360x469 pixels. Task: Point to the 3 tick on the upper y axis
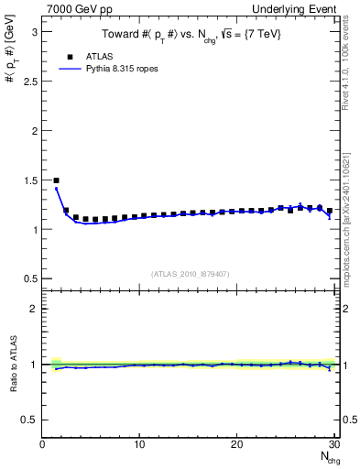(34, 31)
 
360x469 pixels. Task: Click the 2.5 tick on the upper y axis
(29, 81)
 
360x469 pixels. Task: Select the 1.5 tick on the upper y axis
(29, 180)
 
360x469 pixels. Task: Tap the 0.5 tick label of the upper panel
(29, 278)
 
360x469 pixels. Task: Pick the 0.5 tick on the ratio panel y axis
(29, 420)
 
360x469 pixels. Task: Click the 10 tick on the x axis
(139, 444)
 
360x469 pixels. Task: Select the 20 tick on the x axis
(236, 444)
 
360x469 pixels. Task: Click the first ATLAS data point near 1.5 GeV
(56, 180)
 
